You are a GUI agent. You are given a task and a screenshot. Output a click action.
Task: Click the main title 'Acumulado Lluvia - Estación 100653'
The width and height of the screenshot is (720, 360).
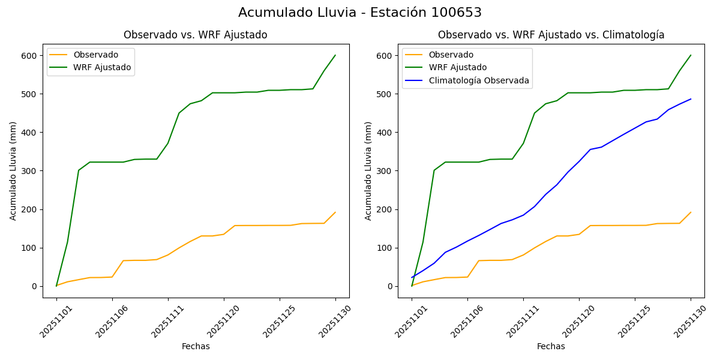point(359,13)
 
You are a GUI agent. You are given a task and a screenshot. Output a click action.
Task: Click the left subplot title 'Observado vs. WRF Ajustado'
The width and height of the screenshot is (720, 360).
point(195,35)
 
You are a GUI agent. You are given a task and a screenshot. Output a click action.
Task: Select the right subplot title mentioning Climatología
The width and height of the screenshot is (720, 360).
point(551,35)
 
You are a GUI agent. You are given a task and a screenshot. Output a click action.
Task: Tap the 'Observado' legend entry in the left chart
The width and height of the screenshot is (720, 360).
point(95,55)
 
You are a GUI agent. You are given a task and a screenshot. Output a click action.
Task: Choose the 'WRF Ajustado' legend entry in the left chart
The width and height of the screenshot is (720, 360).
point(102,67)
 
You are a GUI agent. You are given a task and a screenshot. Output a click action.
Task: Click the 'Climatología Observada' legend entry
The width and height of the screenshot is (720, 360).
point(478,80)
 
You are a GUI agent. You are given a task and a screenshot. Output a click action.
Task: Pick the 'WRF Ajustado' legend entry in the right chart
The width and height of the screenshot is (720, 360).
point(457,68)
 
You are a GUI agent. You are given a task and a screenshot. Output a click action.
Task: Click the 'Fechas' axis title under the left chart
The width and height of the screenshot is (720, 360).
point(196,346)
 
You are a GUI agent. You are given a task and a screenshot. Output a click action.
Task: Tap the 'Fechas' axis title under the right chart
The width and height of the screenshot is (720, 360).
point(551,346)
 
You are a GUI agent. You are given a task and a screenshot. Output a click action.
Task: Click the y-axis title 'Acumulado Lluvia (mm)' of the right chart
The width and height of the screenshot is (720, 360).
point(368,171)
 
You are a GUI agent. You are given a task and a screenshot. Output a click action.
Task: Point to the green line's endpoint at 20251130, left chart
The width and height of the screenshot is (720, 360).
point(335,55)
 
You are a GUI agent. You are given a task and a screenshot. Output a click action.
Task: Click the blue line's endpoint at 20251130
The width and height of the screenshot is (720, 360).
point(691,99)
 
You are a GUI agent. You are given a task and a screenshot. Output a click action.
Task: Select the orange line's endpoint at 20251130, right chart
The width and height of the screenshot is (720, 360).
point(691,212)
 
